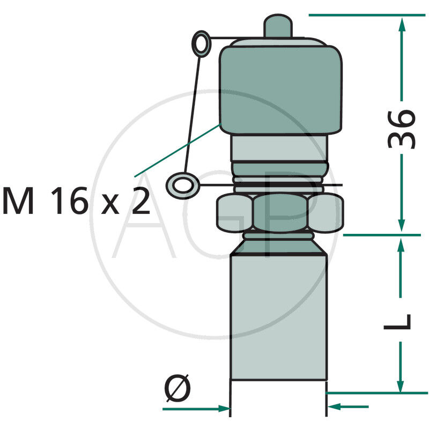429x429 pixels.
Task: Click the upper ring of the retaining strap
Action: (x=202, y=43)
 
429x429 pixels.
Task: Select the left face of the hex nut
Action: (x=233, y=213)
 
